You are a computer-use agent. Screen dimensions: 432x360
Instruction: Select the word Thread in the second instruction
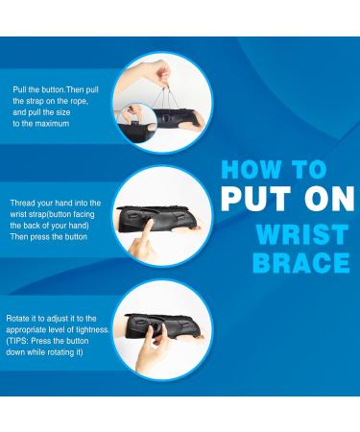tap(23, 204)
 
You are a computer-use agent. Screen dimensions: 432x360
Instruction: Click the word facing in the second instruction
tap(85, 216)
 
